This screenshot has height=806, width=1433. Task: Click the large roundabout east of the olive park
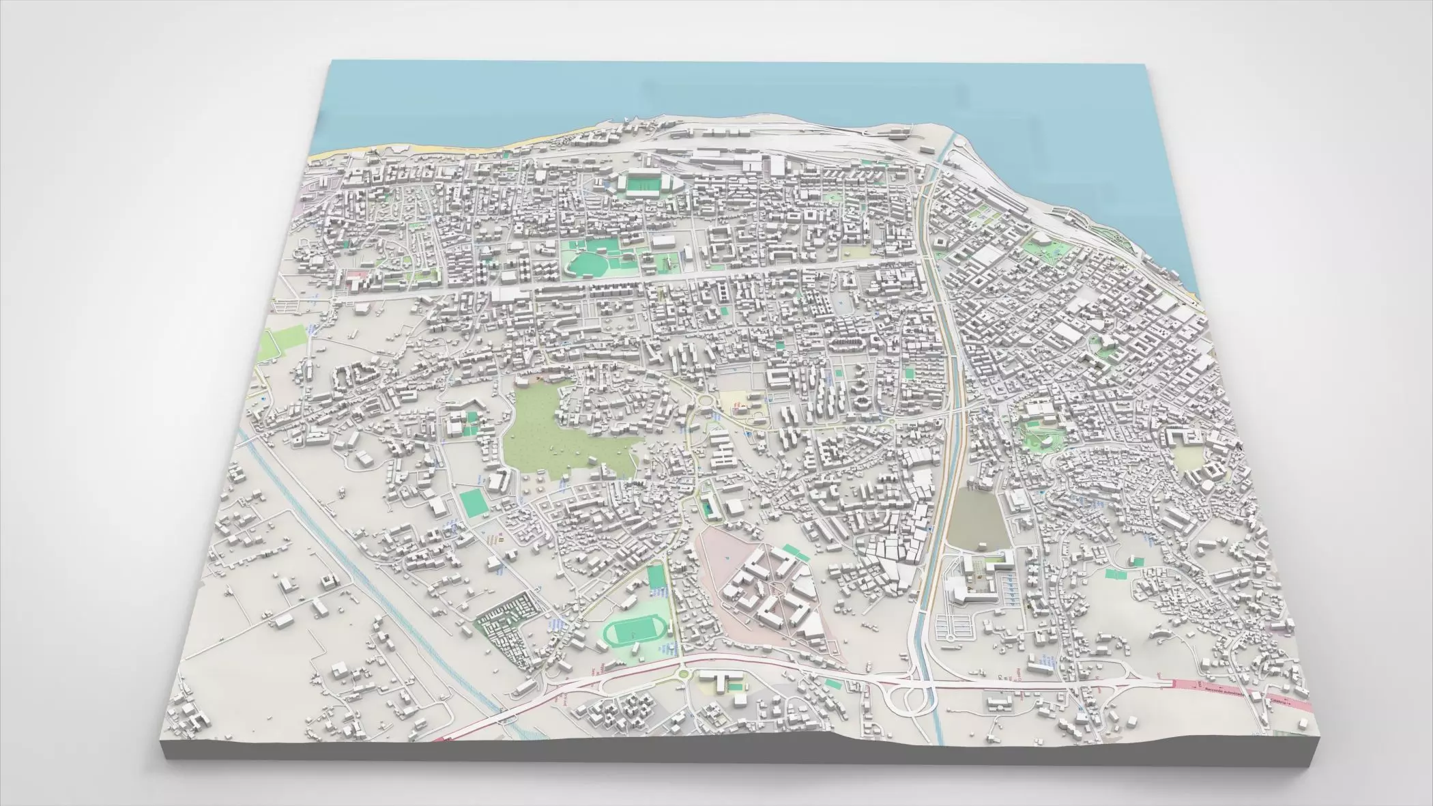pyautogui.click(x=703, y=401)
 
